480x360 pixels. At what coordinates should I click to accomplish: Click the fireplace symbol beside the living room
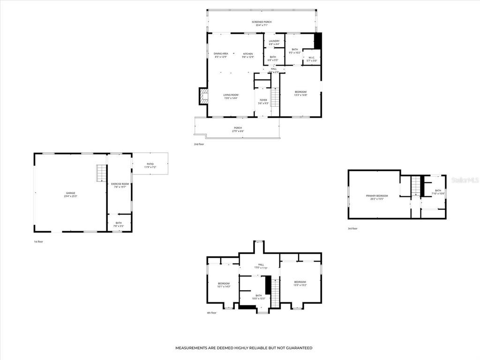(204, 97)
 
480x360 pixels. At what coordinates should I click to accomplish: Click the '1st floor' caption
(39, 241)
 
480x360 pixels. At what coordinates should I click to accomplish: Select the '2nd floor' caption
(199, 144)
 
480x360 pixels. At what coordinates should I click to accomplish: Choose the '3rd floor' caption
(352, 229)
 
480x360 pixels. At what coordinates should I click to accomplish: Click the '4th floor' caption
(211, 313)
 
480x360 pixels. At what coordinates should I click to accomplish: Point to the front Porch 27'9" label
(238, 129)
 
